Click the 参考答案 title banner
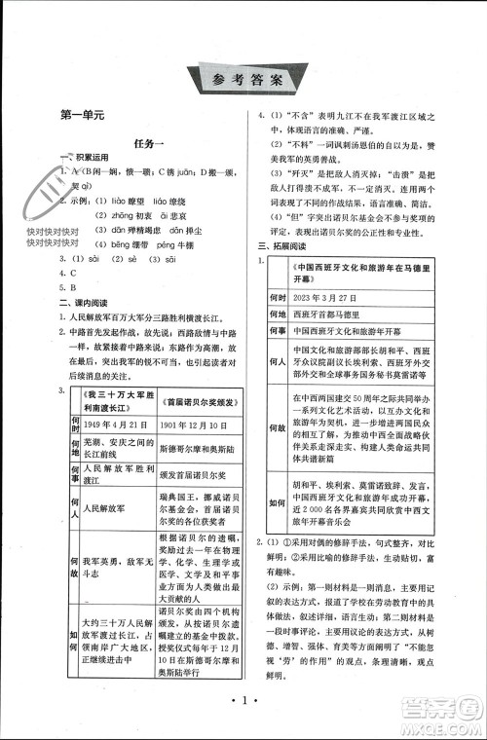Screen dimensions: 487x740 (x=243, y=78)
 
